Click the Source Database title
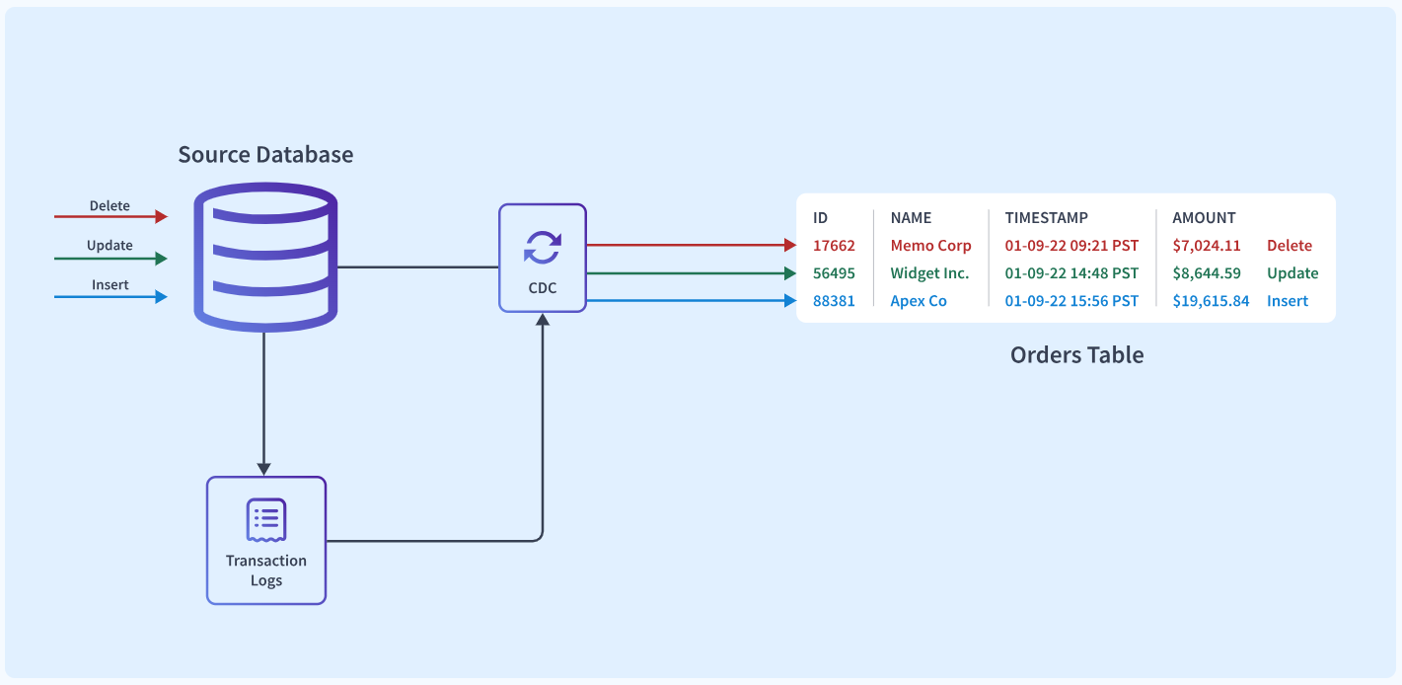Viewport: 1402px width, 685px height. click(x=265, y=155)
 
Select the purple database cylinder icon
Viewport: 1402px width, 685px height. click(x=265, y=257)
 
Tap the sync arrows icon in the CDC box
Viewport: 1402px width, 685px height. click(x=542, y=248)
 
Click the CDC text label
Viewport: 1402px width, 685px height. click(x=542, y=288)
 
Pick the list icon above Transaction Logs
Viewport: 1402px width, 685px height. click(x=266, y=520)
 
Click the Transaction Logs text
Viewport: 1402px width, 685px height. click(x=266, y=570)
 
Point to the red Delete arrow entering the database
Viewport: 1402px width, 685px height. click(x=111, y=216)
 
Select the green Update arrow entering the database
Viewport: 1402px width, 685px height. click(x=111, y=259)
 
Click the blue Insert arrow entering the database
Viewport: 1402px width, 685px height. click(x=111, y=297)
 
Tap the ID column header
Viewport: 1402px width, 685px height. click(x=820, y=218)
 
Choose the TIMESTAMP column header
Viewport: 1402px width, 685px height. click(x=1047, y=218)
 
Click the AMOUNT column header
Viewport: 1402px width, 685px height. click(x=1204, y=218)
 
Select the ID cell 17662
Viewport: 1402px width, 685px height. click(x=834, y=246)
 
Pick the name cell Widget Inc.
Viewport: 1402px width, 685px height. click(x=929, y=273)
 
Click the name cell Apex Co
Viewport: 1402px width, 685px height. click(x=919, y=300)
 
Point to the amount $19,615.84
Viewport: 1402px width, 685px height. click(x=1211, y=300)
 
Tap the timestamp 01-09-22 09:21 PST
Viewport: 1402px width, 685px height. click(x=1071, y=246)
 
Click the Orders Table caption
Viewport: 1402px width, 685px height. click(x=1076, y=355)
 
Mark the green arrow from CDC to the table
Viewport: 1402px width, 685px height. click(x=692, y=273)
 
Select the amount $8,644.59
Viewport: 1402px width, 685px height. click(x=1206, y=273)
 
